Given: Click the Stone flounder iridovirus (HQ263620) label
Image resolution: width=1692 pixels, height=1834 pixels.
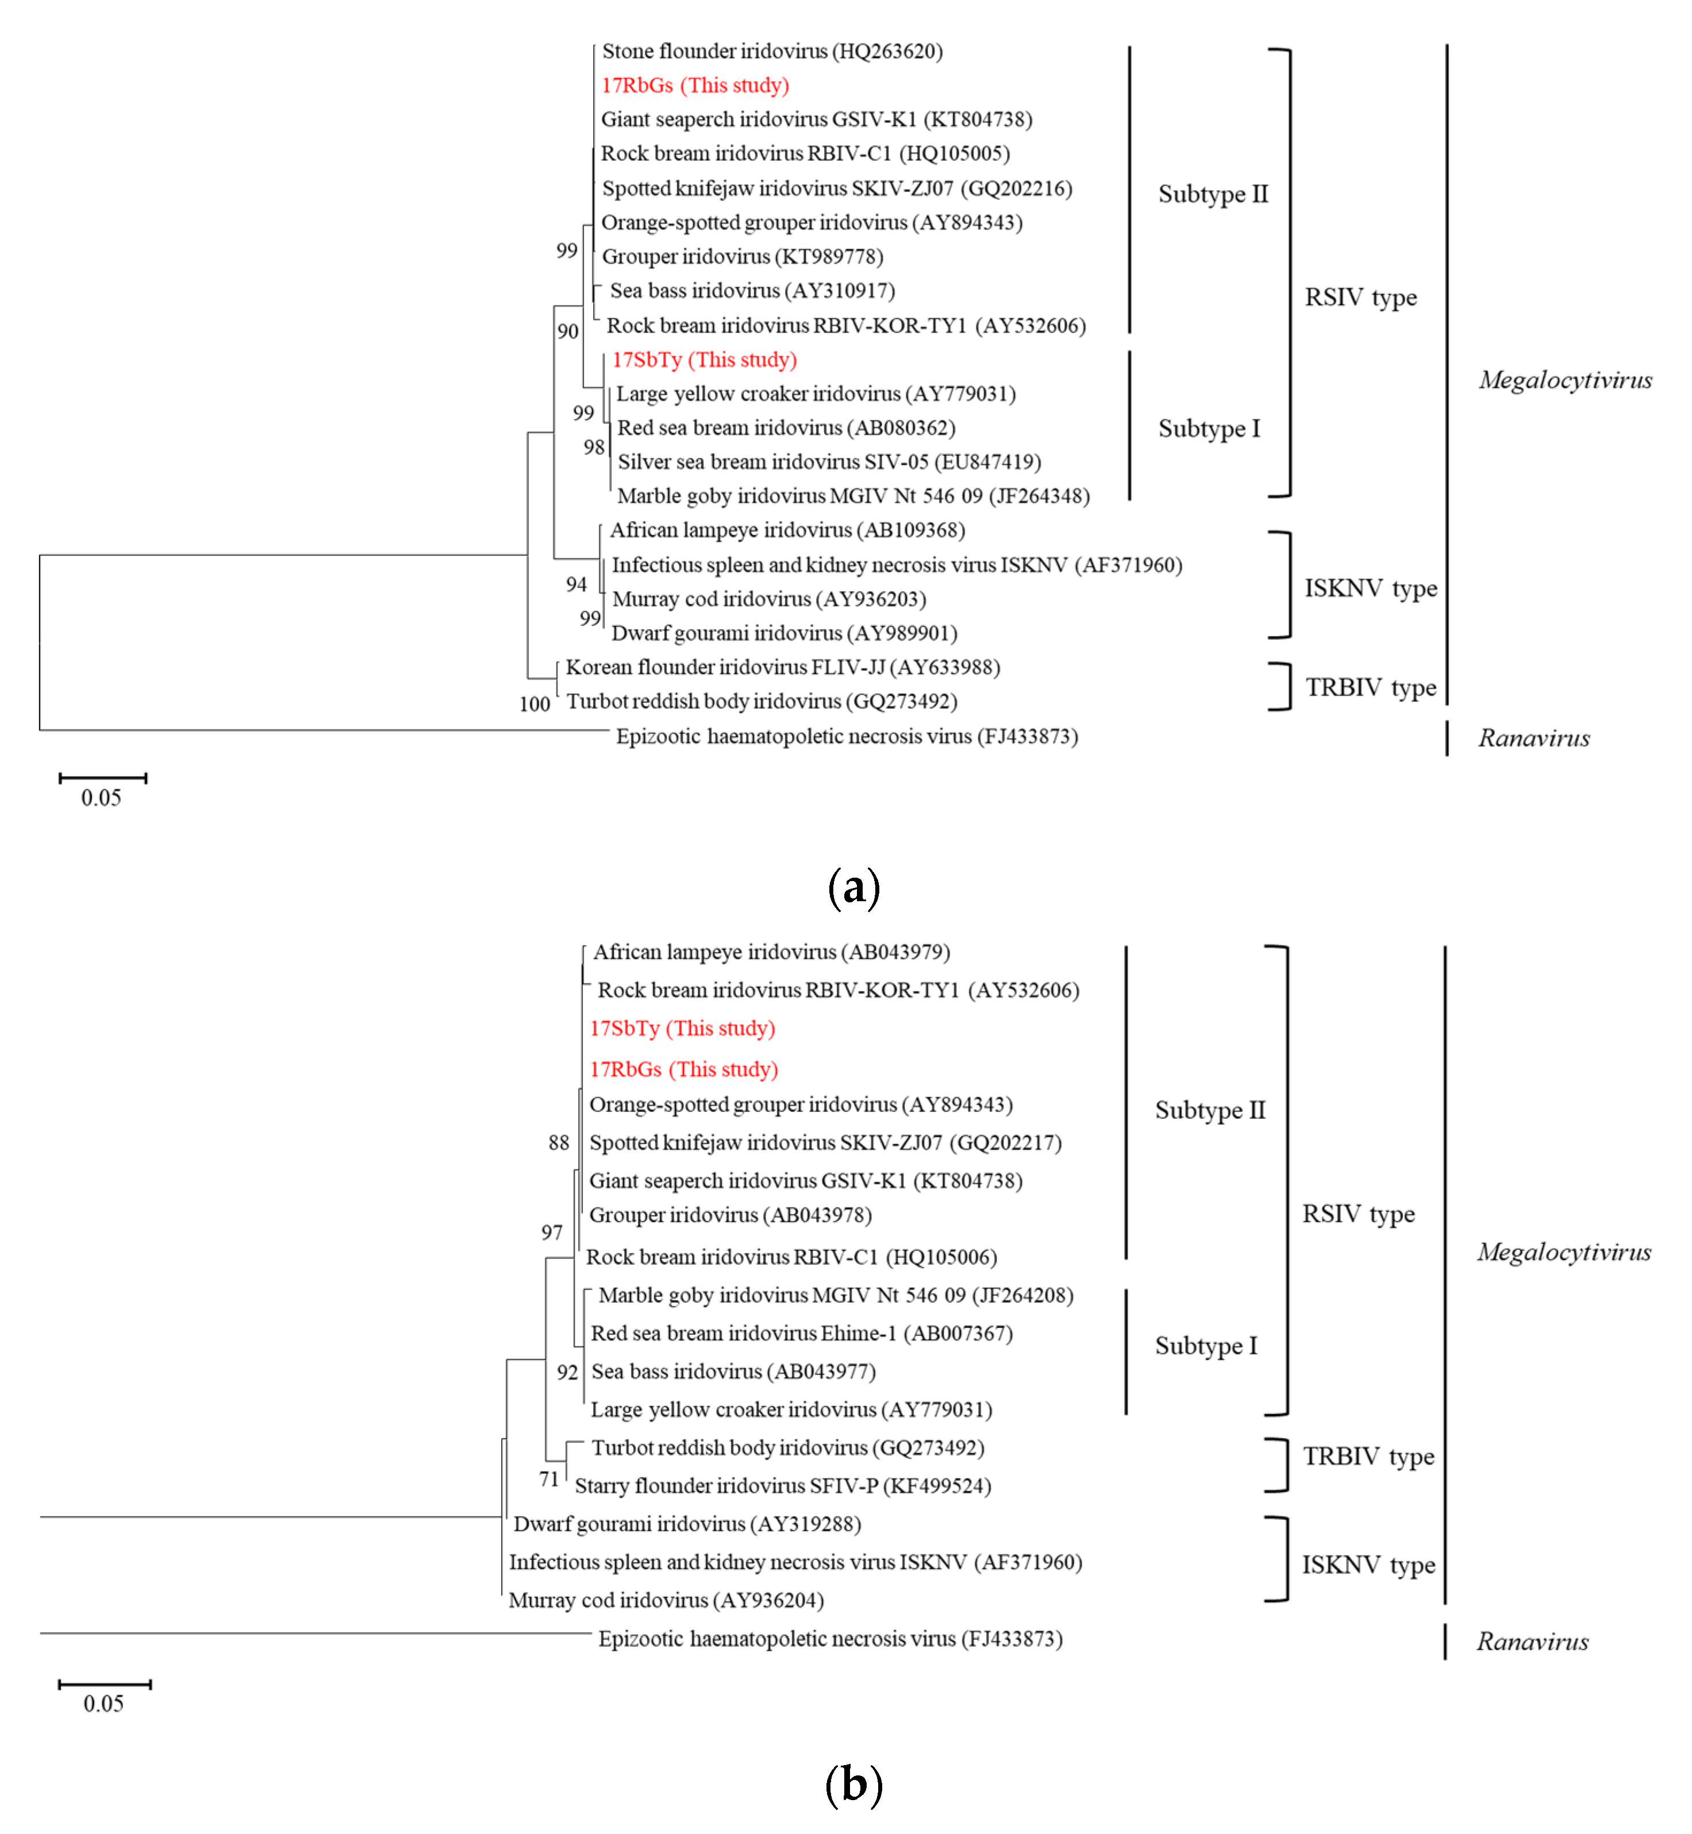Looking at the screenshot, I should pyautogui.click(x=772, y=51).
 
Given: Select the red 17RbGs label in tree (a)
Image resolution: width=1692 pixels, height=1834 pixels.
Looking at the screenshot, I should pyautogui.click(x=695, y=85).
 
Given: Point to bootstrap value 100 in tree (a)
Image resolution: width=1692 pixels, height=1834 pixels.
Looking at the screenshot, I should pyautogui.click(x=534, y=704).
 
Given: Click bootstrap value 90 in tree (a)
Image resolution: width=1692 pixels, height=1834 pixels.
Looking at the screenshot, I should pyautogui.click(x=568, y=331).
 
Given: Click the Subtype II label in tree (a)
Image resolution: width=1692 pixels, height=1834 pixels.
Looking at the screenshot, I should pyautogui.click(x=1213, y=194).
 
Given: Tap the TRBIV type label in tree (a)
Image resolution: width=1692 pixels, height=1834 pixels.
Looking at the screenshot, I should pyautogui.click(x=1371, y=688).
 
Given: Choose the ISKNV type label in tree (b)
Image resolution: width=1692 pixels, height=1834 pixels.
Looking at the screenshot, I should pyautogui.click(x=1369, y=1565).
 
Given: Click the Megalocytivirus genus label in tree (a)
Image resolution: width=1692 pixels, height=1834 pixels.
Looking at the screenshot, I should pyautogui.click(x=1565, y=380).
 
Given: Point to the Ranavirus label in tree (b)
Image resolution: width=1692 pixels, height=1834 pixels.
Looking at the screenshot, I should pyautogui.click(x=1533, y=1642).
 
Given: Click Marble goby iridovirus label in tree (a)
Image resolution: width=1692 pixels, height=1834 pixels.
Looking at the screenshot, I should pyautogui.click(x=853, y=496).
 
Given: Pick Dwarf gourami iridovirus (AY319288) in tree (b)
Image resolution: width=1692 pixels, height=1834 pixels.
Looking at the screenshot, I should pyautogui.click(x=687, y=1524).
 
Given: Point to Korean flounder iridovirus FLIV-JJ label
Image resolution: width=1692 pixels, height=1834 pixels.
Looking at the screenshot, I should pyautogui.click(x=783, y=667).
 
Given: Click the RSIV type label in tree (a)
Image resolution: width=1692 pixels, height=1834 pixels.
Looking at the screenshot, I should pyautogui.click(x=1360, y=298).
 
